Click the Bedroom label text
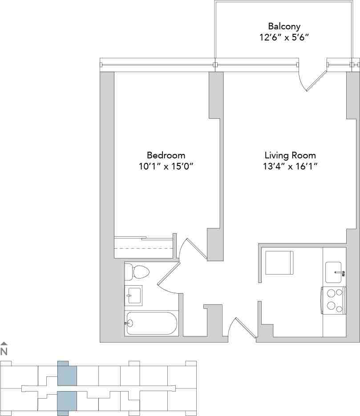(x=166, y=155)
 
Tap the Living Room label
(x=290, y=155)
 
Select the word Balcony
(x=284, y=26)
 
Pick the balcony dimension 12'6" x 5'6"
(x=284, y=37)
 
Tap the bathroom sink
(x=133, y=295)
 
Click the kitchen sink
(x=335, y=272)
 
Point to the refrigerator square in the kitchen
(x=279, y=263)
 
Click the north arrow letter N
(x=4, y=351)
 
